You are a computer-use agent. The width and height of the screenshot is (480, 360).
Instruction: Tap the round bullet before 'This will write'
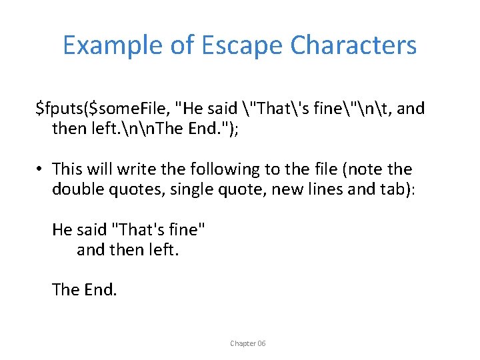(x=41, y=170)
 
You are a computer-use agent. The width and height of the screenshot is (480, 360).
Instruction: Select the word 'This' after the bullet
(x=67, y=169)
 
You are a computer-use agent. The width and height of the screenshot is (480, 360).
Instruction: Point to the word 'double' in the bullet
(x=76, y=189)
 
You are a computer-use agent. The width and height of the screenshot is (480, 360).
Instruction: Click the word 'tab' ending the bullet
(x=396, y=189)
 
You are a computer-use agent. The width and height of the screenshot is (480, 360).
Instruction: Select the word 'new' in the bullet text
(x=289, y=189)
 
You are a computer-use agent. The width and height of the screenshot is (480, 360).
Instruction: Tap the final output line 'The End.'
(x=84, y=290)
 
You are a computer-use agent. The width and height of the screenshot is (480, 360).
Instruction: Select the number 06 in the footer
(x=261, y=343)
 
